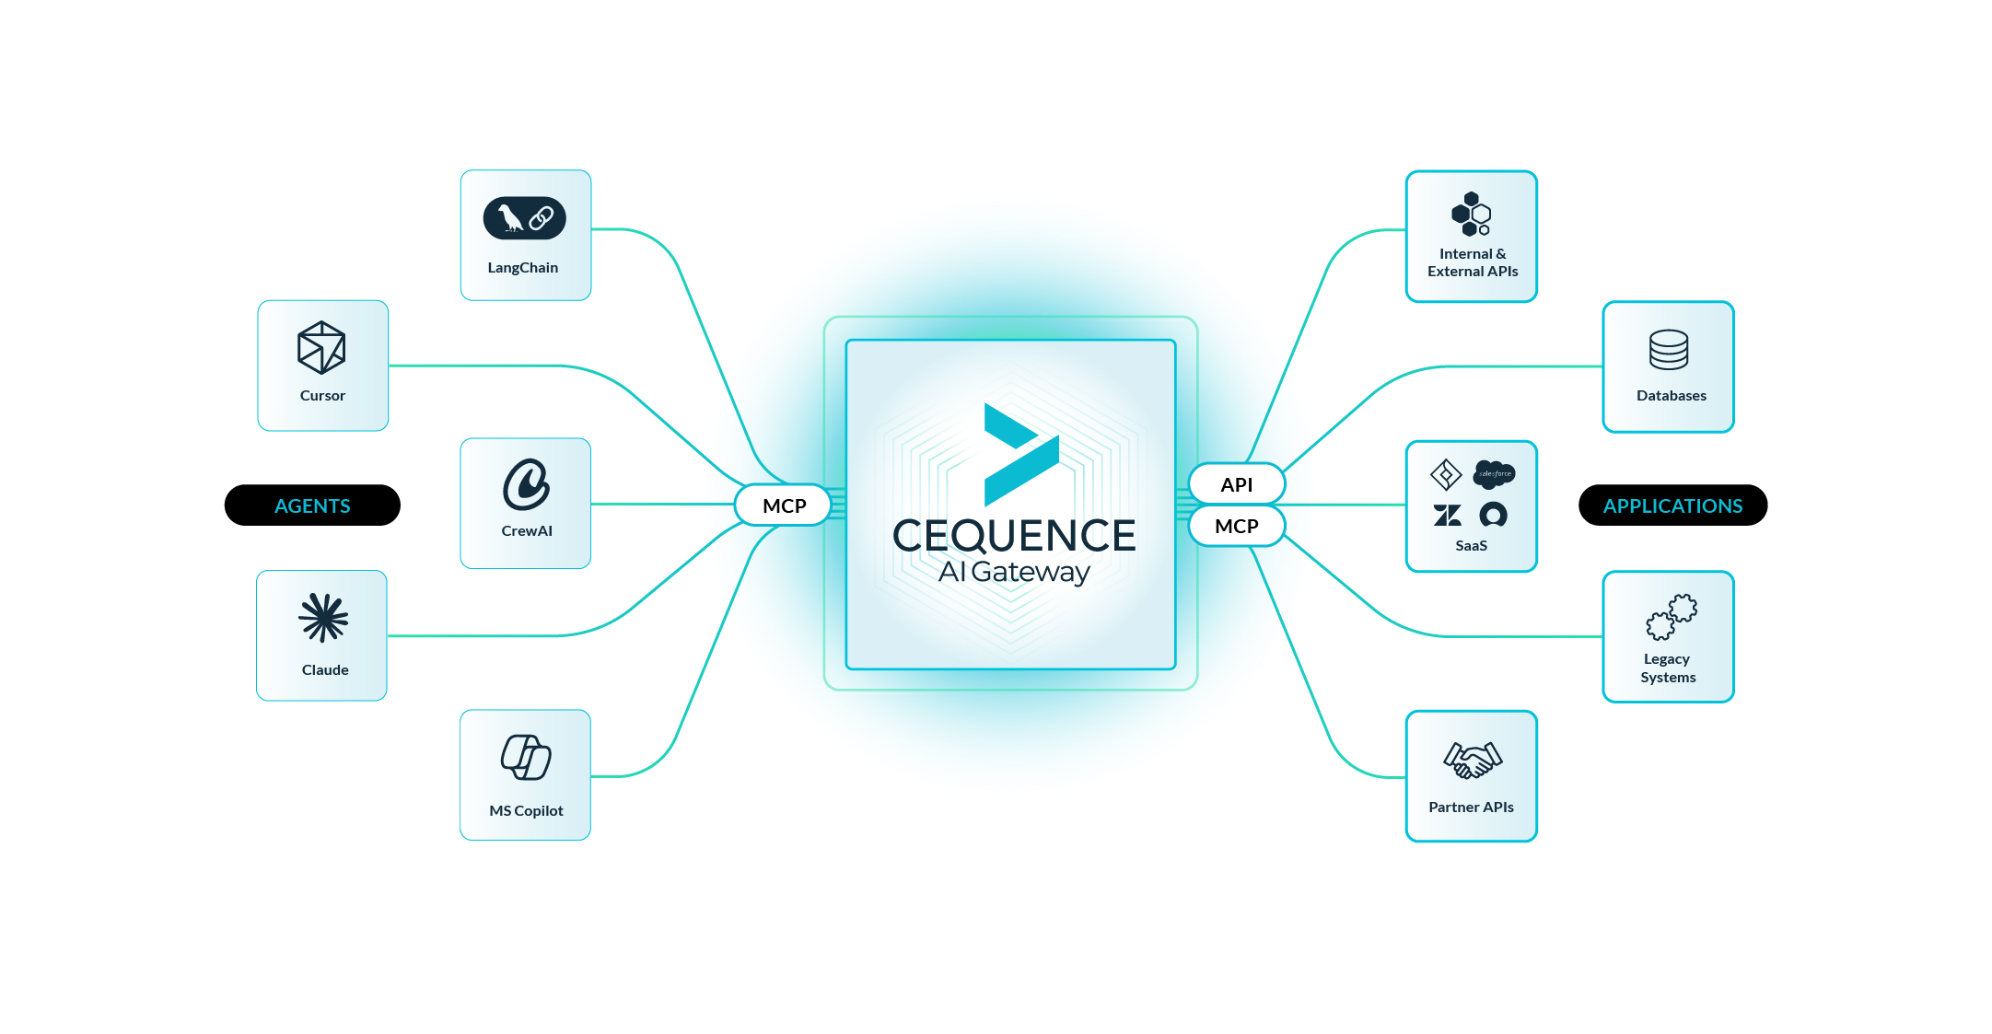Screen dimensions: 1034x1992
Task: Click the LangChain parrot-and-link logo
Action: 524,218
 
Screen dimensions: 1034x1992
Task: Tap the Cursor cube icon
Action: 321,348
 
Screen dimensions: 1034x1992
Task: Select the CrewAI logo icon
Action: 526,484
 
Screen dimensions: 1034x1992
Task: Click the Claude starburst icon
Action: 323,617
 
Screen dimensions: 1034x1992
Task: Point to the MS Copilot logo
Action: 526,758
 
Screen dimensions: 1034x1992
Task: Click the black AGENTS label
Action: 312,505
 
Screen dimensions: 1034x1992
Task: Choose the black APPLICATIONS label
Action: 1672,505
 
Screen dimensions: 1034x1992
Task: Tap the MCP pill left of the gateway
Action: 784,505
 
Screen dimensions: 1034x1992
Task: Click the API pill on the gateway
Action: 1236,484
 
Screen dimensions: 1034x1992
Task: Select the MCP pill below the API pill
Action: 1236,526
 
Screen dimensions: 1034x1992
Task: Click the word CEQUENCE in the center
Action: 1014,536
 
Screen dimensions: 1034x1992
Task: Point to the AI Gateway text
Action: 1014,573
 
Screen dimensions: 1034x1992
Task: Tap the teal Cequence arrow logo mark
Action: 1020,454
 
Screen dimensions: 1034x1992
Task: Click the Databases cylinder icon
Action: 1669,350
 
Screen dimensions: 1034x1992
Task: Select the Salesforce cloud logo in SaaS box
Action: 1494,474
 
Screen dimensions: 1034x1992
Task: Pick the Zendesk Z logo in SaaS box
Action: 1447,515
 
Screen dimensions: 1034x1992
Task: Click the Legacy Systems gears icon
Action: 1671,617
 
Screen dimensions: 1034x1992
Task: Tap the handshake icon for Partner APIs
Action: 1472,760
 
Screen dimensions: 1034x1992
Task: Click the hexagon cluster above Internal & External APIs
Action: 1471,215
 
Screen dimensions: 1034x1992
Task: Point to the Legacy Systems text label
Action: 1668,668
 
